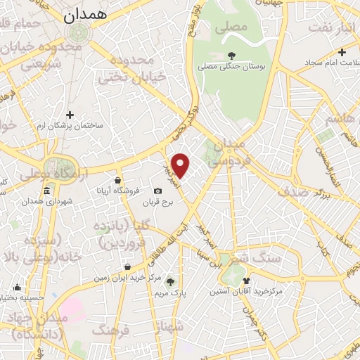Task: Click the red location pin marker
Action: (181, 165)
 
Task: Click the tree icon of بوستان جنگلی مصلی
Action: (232, 56)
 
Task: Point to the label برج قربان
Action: (158, 203)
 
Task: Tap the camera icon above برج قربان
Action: (157, 191)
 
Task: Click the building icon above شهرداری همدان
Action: (46, 191)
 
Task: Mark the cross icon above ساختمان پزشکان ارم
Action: (70, 114)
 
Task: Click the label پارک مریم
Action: (171, 293)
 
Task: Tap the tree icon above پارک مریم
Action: (170, 282)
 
